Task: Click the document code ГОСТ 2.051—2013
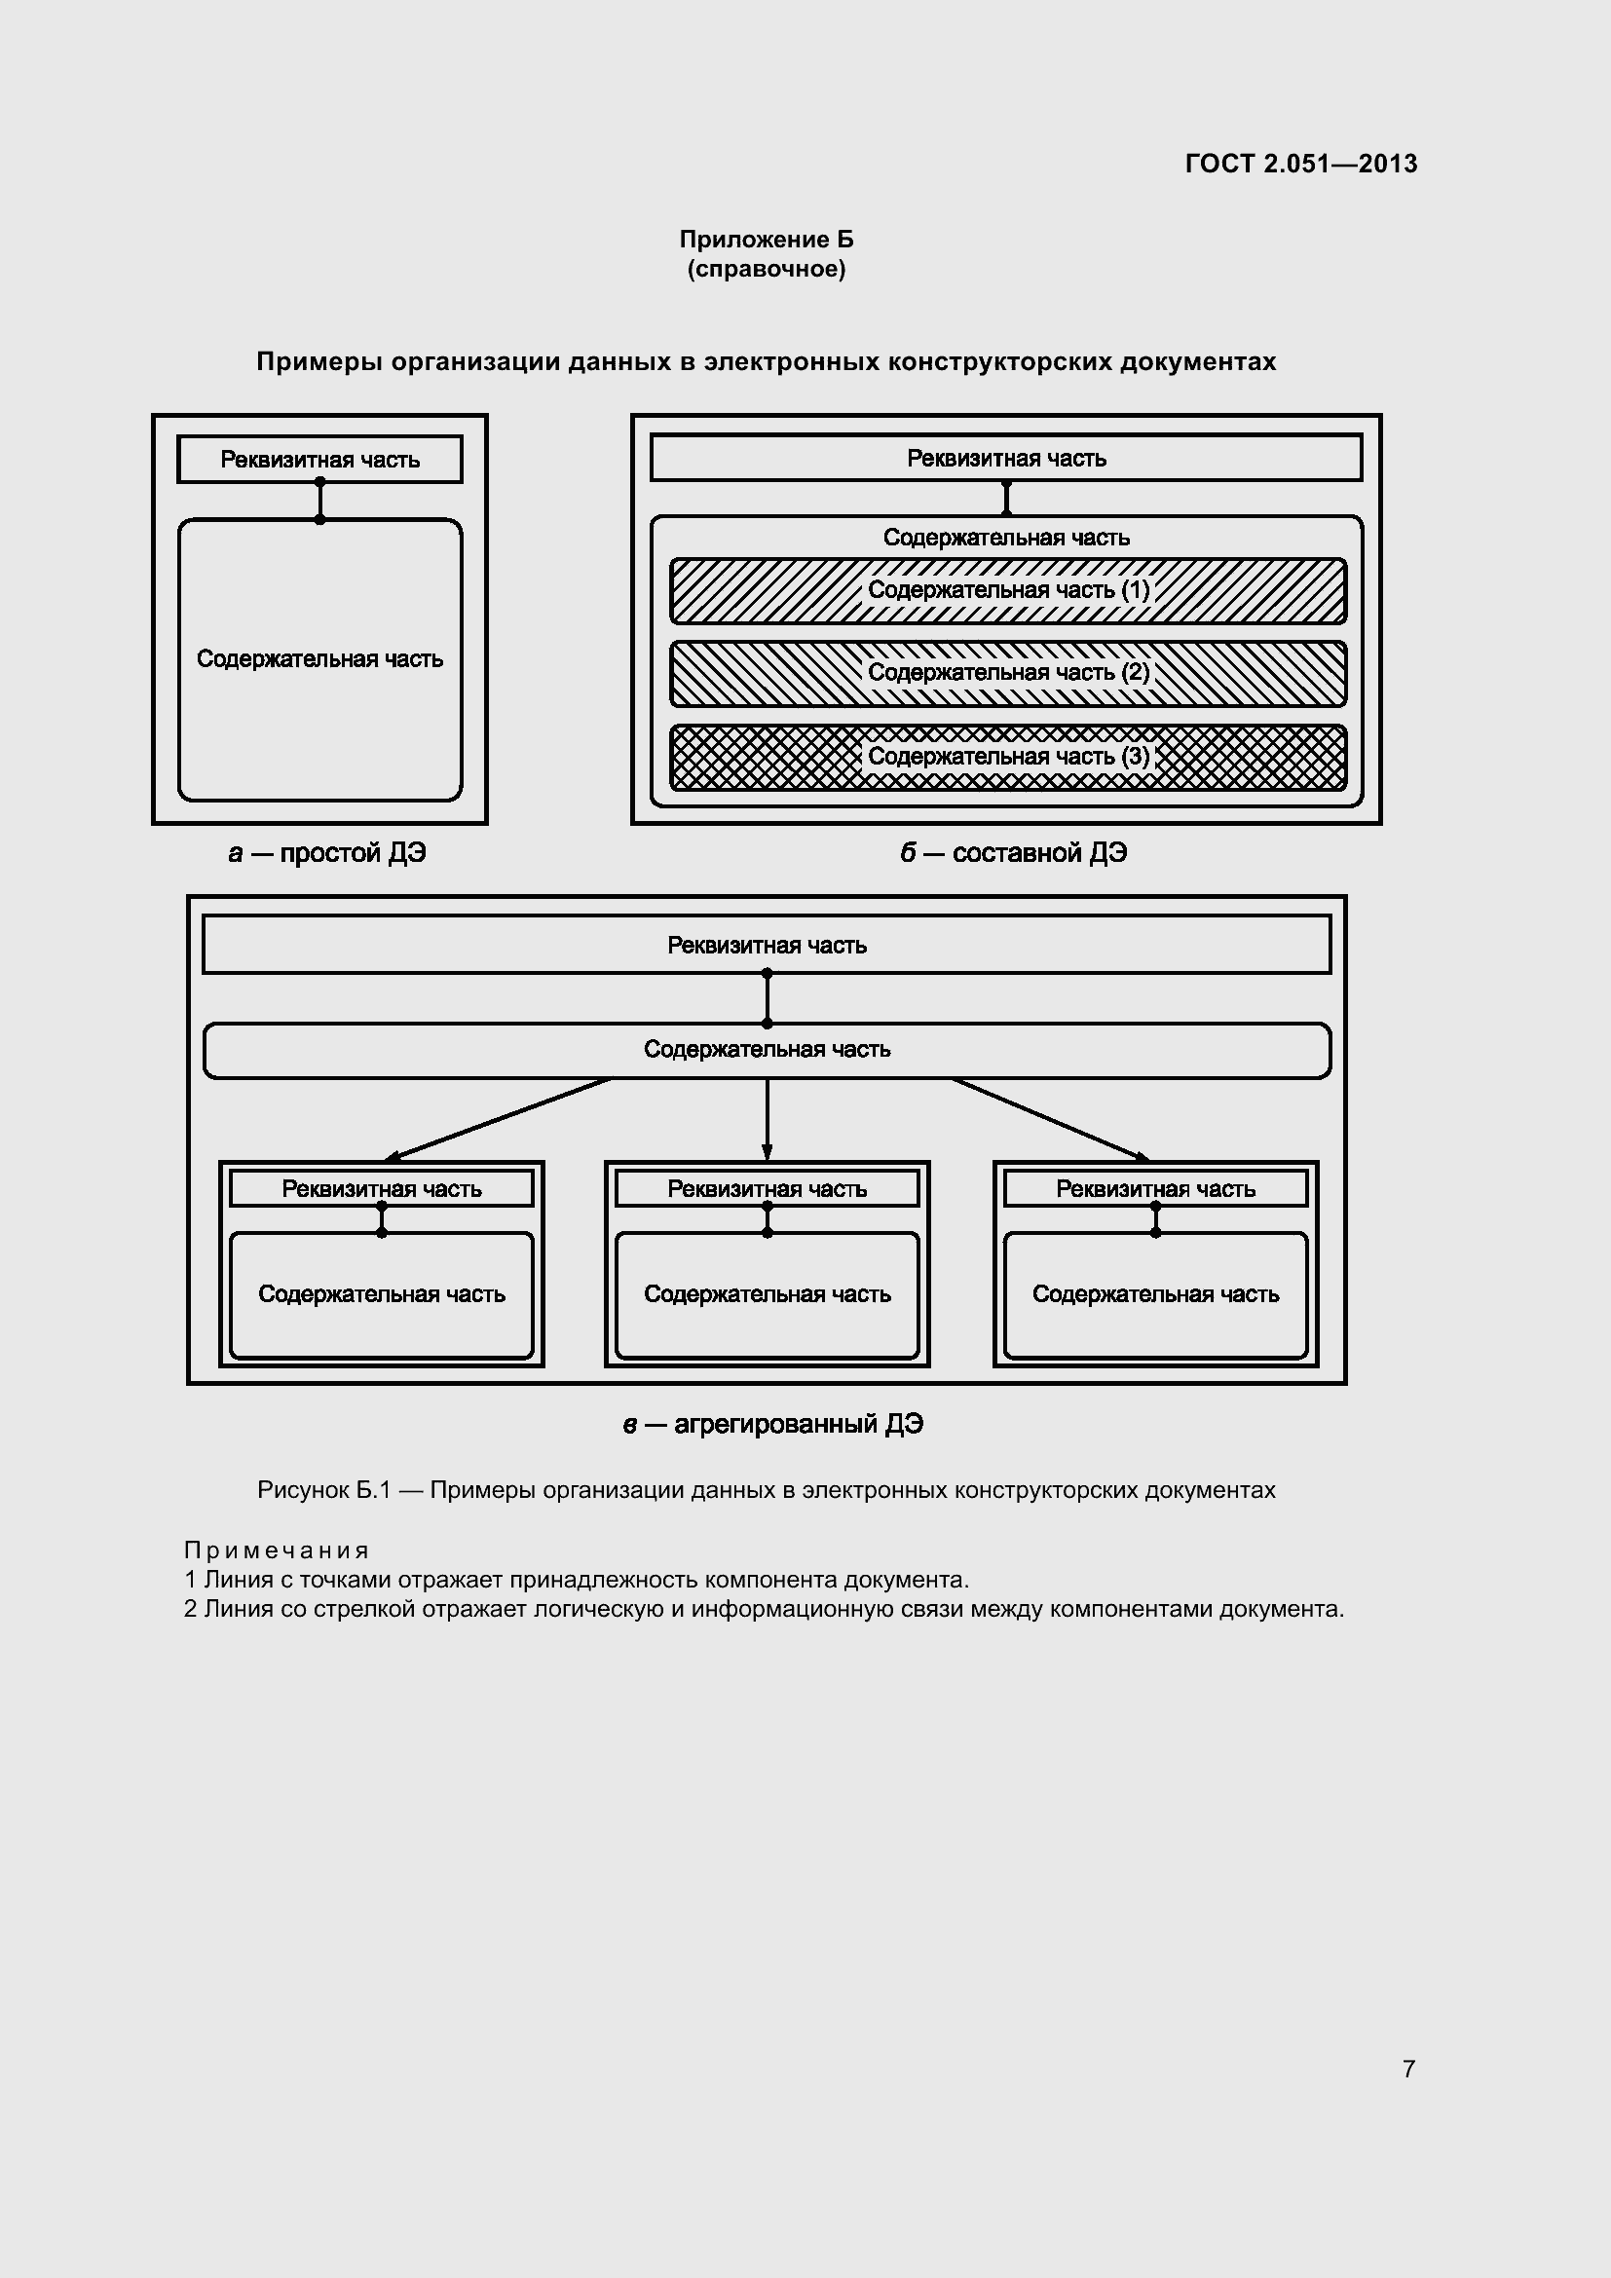pos(1300,164)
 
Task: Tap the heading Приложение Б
pos(766,240)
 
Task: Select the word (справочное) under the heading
pos(766,269)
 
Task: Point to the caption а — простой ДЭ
pos(326,853)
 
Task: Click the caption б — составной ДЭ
pos(1013,853)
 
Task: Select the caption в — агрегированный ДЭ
pos(772,1425)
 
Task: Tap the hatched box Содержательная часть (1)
pos(1008,590)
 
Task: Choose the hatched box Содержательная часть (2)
pos(1008,673)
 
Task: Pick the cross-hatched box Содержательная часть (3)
pos(1008,757)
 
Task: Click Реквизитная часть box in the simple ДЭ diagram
pos(319,460)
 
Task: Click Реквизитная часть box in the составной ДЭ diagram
pos(1006,459)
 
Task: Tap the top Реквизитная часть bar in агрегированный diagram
pos(766,945)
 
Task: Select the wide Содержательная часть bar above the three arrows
pos(766,1050)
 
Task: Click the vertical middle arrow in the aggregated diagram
pos(767,1119)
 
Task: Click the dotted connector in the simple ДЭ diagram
pos(319,501)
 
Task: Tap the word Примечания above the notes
pos(277,1550)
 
